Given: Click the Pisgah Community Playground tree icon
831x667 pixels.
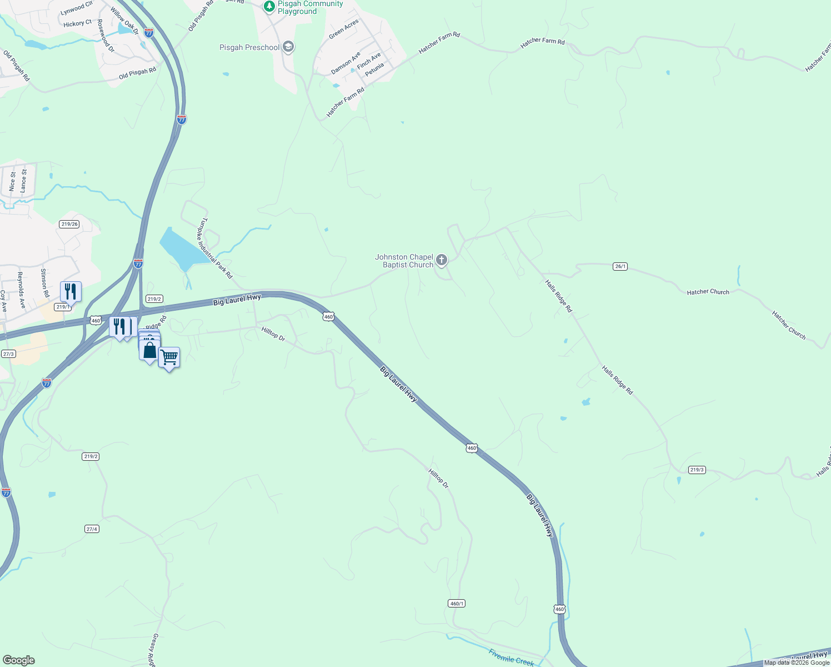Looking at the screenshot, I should click(x=269, y=7).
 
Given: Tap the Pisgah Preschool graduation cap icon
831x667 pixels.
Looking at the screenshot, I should click(x=288, y=47).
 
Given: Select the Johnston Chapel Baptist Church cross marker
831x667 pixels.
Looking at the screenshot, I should click(x=442, y=260).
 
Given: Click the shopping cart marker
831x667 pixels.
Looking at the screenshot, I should click(x=169, y=357).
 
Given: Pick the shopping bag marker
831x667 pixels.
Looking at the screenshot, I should click(x=149, y=350).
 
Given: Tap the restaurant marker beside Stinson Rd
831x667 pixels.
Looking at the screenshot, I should click(x=71, y=291).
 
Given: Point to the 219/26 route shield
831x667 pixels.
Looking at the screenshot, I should click(x=69, y=224).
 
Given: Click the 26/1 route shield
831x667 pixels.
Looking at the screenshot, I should click(x=620, y=266).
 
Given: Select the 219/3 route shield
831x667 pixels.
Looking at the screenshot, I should click(x=697, y=470).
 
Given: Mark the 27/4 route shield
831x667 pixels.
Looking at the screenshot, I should click(x=92, y=529).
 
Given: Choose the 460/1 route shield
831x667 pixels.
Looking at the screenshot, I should click(x=456, y=603).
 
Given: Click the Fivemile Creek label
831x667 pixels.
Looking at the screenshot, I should click(x=511, y=657).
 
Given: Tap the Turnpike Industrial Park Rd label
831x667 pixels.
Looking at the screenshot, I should click(x=216, y=247).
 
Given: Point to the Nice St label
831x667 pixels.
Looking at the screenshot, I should click(x=12, y=182).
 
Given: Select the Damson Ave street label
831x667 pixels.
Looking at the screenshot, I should click(x=346, y=63).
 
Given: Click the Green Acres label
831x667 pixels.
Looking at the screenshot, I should click(x=344, y=29).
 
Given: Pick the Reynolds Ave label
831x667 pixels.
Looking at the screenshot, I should click(x=21, y=290).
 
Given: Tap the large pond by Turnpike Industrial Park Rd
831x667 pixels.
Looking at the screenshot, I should click(x=181, y=248).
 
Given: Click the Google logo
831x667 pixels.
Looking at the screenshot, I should click(x=18, y=660).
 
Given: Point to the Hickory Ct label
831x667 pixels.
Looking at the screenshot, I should click(x=77, y=24).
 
